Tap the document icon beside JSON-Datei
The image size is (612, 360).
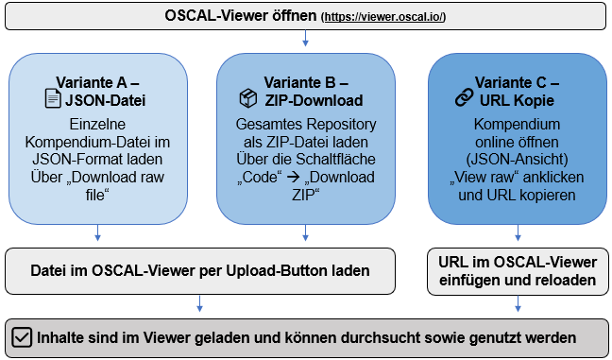point(53,97)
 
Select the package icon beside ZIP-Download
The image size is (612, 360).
point(247,97)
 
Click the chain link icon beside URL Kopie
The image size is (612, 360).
point(464,97)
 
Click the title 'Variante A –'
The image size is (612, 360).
point(98,79)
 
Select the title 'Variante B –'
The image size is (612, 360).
point(306,79)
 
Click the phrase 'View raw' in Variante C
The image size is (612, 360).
point(484,178)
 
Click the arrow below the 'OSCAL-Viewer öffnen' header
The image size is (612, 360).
point(306,40)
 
